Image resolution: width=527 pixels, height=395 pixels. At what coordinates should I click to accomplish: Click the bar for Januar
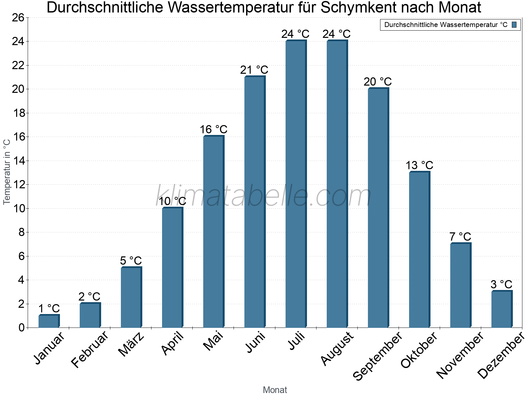(x=49, y=321)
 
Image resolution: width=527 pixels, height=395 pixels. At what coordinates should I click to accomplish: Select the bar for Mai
(x=213, y=232)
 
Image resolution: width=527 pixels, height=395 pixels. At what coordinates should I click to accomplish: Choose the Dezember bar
(x=502, y=309)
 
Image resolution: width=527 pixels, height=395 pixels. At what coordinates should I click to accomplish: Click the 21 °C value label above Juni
(x=254, y=70)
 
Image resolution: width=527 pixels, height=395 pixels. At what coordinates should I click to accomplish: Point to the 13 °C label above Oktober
(x=419, y=165)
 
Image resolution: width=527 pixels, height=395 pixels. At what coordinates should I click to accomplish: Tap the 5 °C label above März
(x=131, y=261)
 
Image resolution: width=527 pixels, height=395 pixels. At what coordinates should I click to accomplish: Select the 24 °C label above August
(x=336, y=34)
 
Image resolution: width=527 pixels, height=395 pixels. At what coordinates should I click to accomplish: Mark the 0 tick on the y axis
(x=21, y=328)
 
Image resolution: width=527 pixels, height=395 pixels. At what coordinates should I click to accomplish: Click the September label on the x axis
(x=377, y=355)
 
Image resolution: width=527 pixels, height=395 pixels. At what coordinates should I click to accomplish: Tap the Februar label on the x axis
(x=90, y=349)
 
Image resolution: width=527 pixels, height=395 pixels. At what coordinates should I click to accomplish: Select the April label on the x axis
(x=172, y=344)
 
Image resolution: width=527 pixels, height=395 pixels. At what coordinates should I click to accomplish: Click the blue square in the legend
(x=514, y=25)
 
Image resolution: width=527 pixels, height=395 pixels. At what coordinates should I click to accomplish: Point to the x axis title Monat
(x=275, y=390)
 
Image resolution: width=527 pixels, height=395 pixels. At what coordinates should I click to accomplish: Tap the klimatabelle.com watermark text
(x=263, y=196)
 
